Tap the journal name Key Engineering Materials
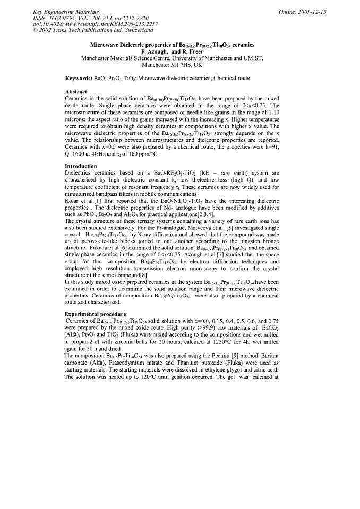pyautogui.click(x=62, y=11)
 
